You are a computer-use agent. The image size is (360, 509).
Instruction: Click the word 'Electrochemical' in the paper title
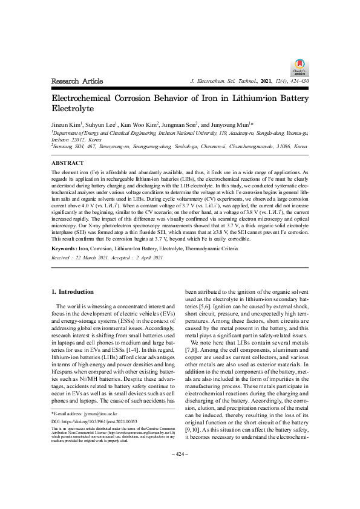coord(87,99)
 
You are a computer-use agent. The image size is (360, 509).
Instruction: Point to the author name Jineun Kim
coord(67,124)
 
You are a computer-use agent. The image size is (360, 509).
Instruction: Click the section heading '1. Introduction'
coord(73,292)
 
